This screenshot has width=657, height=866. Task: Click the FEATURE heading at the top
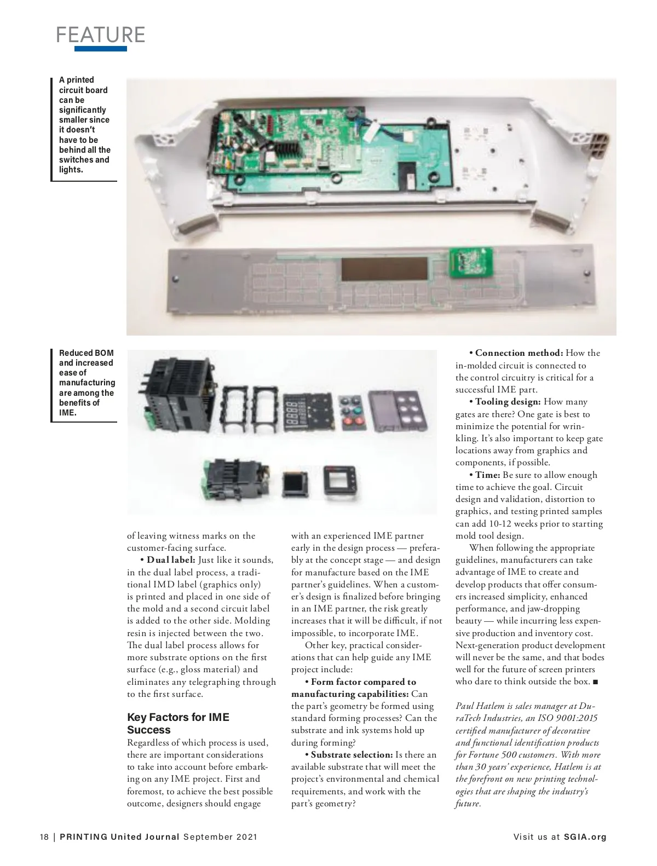[x=101, y=34]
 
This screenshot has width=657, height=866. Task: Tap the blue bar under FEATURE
[x=101, y=49]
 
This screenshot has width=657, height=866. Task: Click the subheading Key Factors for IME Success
[x=178, y=723]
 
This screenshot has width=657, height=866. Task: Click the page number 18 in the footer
[x=44, y=837]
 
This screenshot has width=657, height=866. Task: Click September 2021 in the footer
[x=220, y=837]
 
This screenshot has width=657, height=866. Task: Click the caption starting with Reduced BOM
[x=87, y=383]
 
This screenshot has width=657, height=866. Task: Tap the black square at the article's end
[x=596, y=682]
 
